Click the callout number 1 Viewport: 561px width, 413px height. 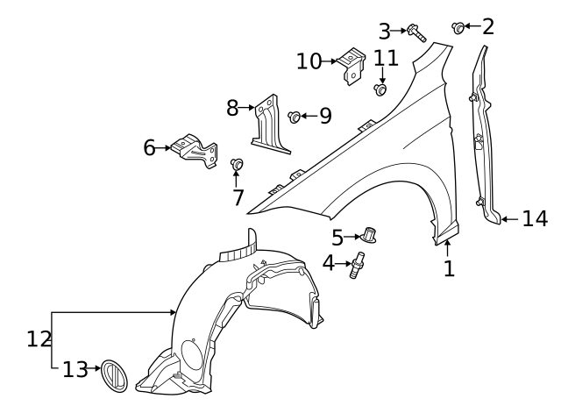coord(450,268)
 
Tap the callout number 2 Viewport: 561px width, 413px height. coord(488,26)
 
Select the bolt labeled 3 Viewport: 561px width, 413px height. coord(415,33)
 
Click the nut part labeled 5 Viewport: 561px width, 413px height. coord(369,235)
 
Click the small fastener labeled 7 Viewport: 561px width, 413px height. coord(236,164)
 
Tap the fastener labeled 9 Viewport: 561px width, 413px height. coord(295,116)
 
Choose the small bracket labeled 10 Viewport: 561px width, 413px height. coord(354,64)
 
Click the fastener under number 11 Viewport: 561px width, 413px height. coord(381,89)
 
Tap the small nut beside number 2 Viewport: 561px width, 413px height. coord(458,27)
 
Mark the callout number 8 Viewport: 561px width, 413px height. coord(232,108)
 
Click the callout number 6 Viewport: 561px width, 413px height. coord(149,147)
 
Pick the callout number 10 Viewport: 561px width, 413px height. coord(309,61)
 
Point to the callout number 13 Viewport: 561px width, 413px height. coord(75,369)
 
